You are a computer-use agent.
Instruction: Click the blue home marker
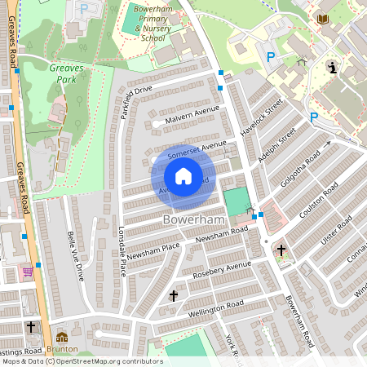pos(183,176)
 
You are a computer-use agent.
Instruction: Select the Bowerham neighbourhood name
pos(192,220)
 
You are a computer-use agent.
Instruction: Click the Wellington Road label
pos(217,307)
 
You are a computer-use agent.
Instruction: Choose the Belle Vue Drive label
pos(76,260)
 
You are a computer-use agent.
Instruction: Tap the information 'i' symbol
pos(332,66)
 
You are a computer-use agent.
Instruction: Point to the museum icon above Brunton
pos(62,336)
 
